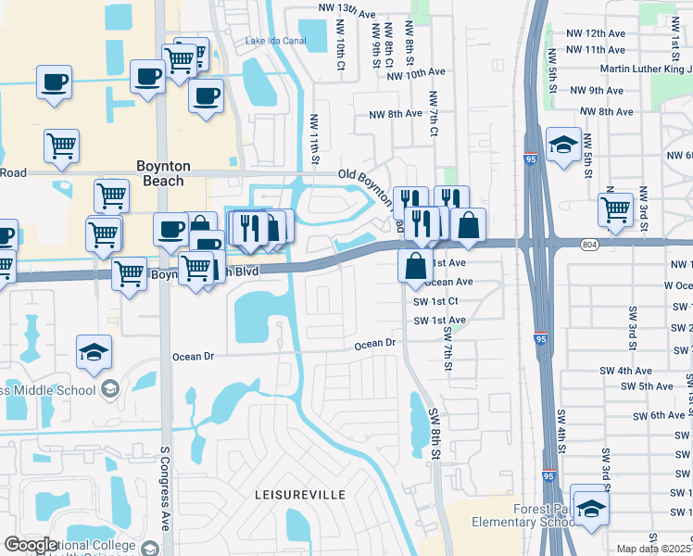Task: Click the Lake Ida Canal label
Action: click(x=275, y=41)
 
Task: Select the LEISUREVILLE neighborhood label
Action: click(x=300, y=495)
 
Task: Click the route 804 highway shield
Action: click(x=588, y=245)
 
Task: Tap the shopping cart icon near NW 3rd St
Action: click(x=615, y=210)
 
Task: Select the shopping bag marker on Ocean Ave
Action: click(x=415, y=266)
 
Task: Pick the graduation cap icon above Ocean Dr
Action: click(x=94, y=352)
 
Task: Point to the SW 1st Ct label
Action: click(x=435, y=302)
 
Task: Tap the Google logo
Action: click(x=31, y=545)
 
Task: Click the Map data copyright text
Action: click(x=654, y=549)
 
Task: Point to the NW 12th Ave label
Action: click(x=594, y=32)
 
